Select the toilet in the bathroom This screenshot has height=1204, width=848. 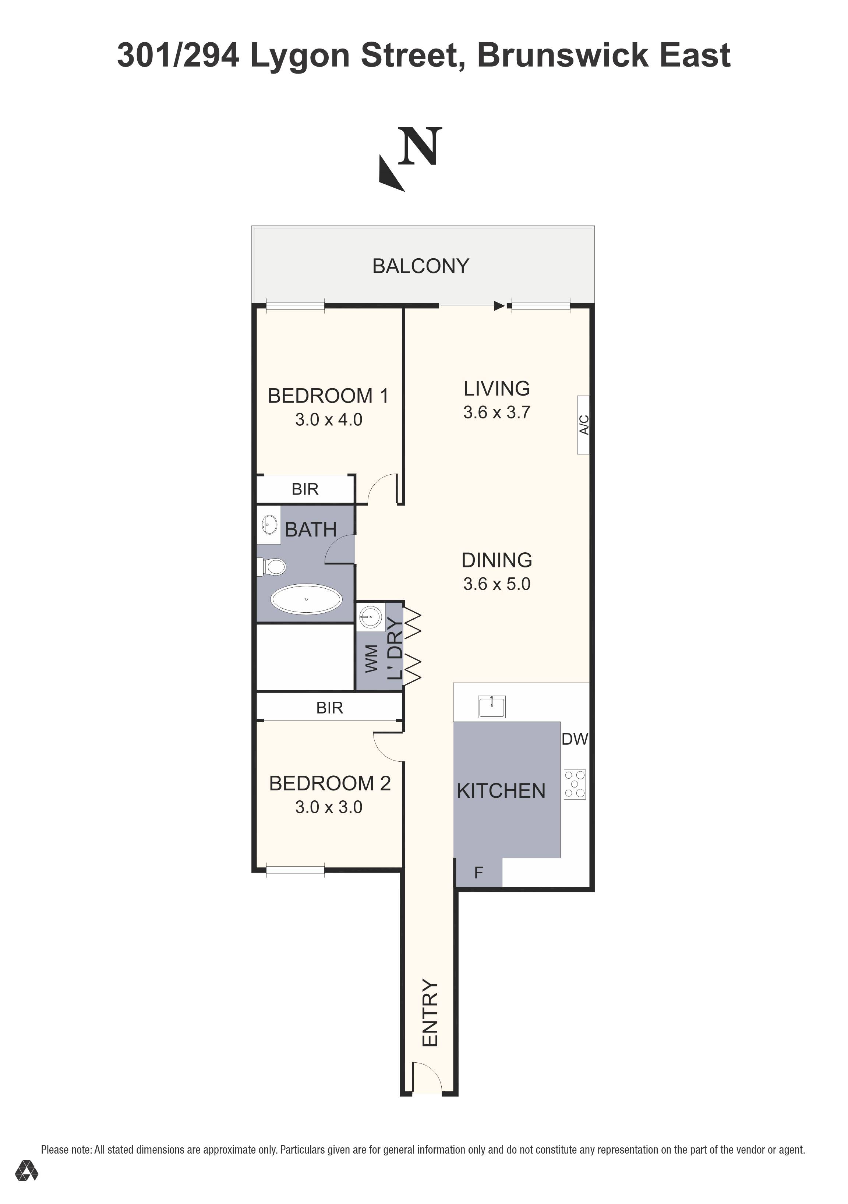272,566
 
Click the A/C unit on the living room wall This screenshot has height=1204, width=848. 583,425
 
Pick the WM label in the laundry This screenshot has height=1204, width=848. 371,659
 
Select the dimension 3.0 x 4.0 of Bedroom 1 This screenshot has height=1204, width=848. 328,419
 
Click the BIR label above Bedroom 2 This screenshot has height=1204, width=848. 329,708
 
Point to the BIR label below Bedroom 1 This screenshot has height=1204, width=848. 305,489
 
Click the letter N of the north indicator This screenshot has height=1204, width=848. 420,147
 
